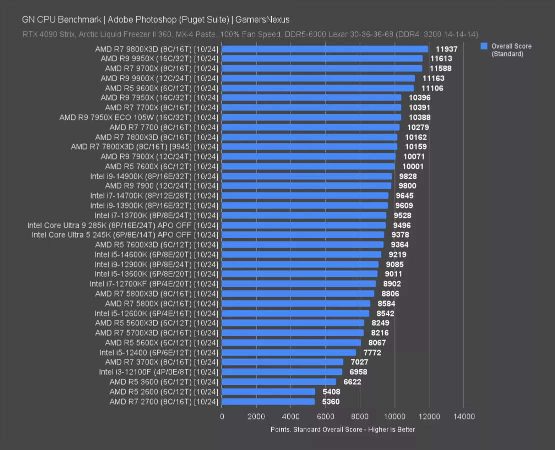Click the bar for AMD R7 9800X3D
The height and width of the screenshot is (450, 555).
pyautogui.click(x=325, y=49)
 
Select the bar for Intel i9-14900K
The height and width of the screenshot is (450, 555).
pyautogui.click(x=307, y=176)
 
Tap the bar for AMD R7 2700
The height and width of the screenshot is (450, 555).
pyautogui.click(x=268, y=401)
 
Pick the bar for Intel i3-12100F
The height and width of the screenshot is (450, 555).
pyautogui.click(x=282, y=372)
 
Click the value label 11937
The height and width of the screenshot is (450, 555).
pyautogui.click(x=446, y=49)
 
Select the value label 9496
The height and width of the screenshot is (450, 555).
pyautogui.click(x=401, y=225)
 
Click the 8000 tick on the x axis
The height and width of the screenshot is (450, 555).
pyautogui.click(x=360, y=416)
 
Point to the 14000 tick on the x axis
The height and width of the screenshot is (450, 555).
pyautogui.click(x=463, y=416)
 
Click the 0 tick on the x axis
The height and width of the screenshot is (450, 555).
pyautogui.click(x=222, y=416)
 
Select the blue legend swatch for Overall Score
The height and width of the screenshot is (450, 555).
pyautogui.click(x=484, y=46)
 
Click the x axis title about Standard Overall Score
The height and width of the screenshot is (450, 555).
pyautogui.click(x=342, y=429)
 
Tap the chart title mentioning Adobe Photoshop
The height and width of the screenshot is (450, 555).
pyautogui.click(x=156, y=19)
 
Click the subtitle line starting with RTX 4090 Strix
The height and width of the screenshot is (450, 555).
pyautogui.click(x=250, y=34)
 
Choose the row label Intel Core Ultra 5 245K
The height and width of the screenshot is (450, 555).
pyautogui.click(x=125, y=235)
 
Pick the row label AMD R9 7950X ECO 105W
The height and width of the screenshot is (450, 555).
pyautogui.click(x=139, y=117)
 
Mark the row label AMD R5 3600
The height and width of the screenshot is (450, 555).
pyautogui.click(x=164, y=382)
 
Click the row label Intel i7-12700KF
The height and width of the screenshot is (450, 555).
pyautogui.click(x=154, y=284)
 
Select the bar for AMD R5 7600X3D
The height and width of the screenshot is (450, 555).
pyautogui.click(x=303, y=244)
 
